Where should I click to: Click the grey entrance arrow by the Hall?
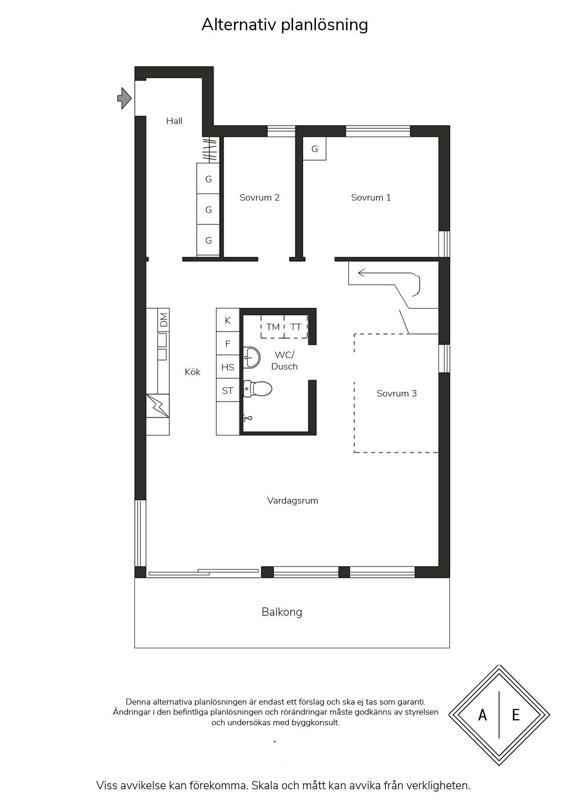pos(124,98)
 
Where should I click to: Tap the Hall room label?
pos(174,121)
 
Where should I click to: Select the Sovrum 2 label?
pos(259,197)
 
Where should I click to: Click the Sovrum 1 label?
pos(371,197)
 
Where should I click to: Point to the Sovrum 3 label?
pos(396,393)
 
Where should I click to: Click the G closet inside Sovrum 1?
pos(315,149)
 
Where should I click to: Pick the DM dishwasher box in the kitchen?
pos(163,319)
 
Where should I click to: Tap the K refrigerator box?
pos(228,320)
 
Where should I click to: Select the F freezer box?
pos(228,343)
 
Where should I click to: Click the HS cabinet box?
pos(228,367)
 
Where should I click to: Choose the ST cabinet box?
pos(228,390)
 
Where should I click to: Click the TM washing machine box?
pos(273,327)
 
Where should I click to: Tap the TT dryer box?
pos(296,327)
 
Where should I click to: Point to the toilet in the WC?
pos(257,389)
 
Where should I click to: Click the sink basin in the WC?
pos(251,357)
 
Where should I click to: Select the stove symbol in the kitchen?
pos(158,406)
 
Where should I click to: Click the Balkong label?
pos(282,612)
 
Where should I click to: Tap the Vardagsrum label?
pos(293,500)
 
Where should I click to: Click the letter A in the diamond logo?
pos(482,715)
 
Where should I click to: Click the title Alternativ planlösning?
pos(284,25)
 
